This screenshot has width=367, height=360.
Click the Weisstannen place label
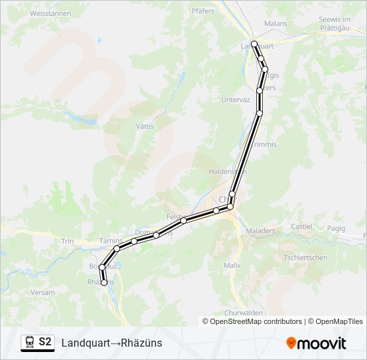point(51,13)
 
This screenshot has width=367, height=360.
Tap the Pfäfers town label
point(202,11)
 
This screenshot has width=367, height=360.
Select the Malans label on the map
point(276,23)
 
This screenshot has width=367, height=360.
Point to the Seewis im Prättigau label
point(340,23)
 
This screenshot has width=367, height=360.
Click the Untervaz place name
point(235,100)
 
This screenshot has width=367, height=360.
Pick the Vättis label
point(145,126)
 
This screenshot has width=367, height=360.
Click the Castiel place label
point(301,227)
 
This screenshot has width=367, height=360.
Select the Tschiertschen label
point(306,257)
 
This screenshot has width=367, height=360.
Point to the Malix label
point(232,265)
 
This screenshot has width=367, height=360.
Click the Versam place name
point(43,293)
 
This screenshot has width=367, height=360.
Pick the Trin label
point(67,241)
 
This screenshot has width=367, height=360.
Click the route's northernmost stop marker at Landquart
point(254,44)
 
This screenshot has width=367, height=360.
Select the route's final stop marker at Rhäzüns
point(104,283)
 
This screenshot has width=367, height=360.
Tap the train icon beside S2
point(29,343)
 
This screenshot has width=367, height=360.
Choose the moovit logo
point(316,343)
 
